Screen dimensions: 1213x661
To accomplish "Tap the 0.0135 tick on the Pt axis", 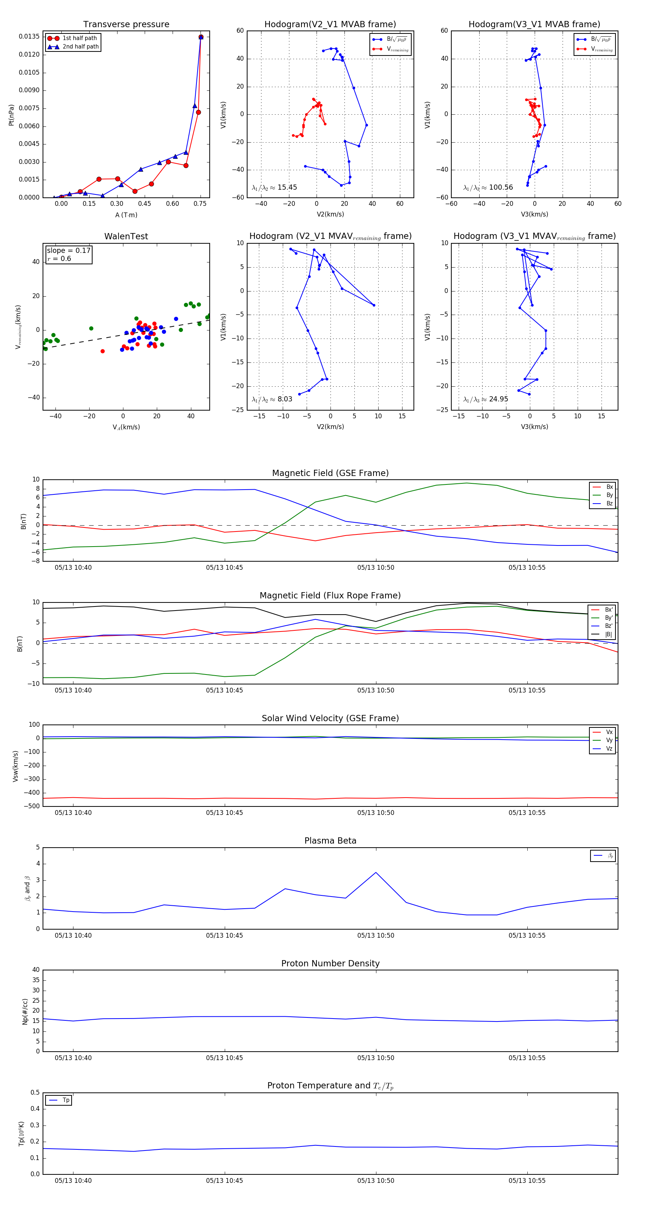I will (x=29, y=37).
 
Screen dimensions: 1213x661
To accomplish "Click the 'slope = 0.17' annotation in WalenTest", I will (x=68, y=251).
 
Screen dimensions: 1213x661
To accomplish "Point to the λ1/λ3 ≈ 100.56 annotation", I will (x=488, y=187).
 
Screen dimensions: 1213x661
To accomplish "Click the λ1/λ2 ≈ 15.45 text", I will (x=274, y=187).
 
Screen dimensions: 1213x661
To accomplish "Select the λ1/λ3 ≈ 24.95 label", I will (x=485, y=399).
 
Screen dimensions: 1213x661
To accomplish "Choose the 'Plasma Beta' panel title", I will (x=330, y=841).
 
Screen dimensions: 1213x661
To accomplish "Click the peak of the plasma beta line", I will (x=375, y=873).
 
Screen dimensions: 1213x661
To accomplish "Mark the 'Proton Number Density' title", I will (x=330, y=963).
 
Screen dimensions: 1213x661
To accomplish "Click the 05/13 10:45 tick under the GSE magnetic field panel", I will (x=224, y=568).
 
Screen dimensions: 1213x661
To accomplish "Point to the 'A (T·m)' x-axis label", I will (x=126, y=215).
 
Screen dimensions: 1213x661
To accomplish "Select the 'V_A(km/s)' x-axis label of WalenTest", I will (x=126, y=427).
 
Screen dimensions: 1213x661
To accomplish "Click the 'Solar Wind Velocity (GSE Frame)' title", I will (x=330, y=718).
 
